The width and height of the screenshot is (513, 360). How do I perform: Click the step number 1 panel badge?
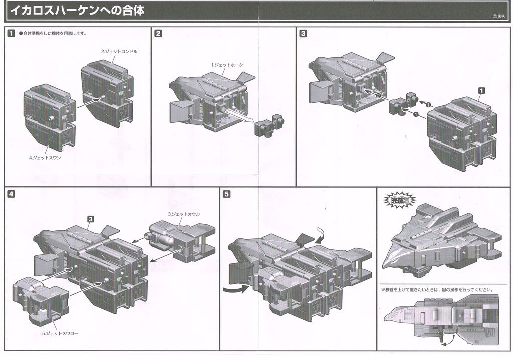tap(11, 34)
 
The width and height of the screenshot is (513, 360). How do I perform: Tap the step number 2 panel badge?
tap(158, 34)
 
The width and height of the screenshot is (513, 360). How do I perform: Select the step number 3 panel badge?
tap(303, 34)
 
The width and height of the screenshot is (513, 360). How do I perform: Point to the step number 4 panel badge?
tap(11, 194)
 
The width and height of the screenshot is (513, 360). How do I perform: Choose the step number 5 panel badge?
tap(227, 194)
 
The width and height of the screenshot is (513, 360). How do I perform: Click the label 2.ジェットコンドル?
tap(119, 52)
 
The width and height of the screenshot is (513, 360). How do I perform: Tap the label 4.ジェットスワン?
tap(45, 158)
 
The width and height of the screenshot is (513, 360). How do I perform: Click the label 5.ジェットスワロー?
tap(60, 333)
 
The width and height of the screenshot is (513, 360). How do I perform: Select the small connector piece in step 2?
tap(270, 125)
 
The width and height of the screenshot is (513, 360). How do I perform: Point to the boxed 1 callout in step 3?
tap(482, 90)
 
